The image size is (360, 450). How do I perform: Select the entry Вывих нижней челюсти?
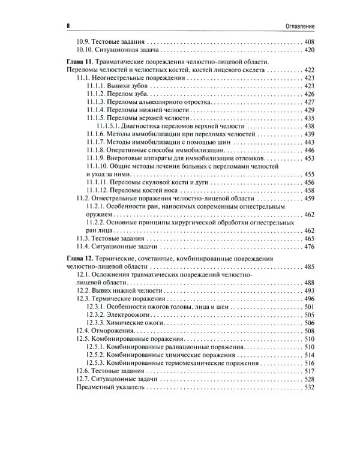click(130, 290)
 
